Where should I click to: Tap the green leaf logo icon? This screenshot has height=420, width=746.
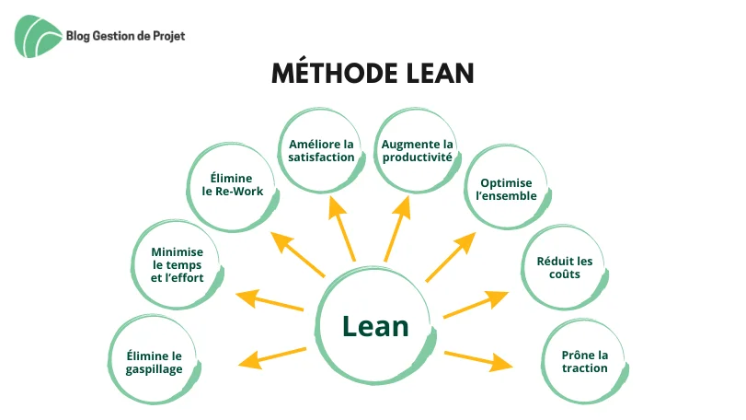tap(37, 36)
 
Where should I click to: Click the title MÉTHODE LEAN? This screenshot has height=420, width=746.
tap(373, 74)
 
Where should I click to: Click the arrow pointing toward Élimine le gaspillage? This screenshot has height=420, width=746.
tap(272, 357)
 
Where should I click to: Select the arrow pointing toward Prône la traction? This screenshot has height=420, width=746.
tap(478, 360)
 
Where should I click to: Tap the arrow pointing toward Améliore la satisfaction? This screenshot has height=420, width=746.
tap(341, 228)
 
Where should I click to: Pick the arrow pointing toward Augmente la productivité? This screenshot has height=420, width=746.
tap(397, 228)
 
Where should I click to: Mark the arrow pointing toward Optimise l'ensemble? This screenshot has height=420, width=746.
tap(451, 257)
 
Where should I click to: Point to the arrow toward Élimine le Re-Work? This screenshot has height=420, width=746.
tap(298, 254)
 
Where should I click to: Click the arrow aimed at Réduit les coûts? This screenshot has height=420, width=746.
tap(476, 304)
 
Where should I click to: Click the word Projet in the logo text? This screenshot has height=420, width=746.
tap(169, 36)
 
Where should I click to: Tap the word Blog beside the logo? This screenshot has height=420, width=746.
tap(77, 36)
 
